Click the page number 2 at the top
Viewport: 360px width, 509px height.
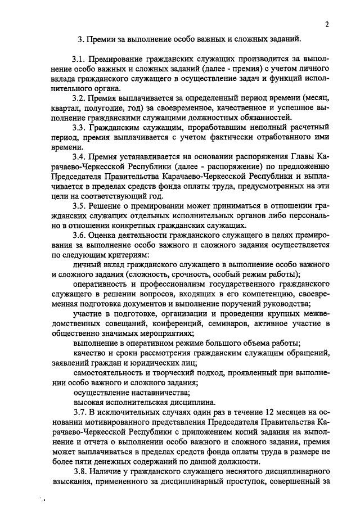(326, 25)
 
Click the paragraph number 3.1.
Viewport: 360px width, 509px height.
(79, 59)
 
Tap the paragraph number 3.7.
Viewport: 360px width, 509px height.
(79, 413)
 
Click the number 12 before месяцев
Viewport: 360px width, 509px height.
(241, 413)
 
